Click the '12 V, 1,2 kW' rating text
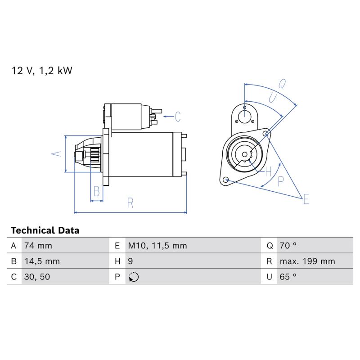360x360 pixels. tap(41, 71)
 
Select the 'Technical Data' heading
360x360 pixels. tap(45, 230)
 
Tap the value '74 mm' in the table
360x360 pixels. tap(38, 246)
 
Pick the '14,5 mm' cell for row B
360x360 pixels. tap(42, 261)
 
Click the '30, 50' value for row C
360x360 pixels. tap(37, 277)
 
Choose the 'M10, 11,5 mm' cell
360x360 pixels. tap(157, 246)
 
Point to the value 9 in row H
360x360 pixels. tap(130, 261)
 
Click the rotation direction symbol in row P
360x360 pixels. tap(134, 277)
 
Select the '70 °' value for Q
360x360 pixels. tap(288, 246)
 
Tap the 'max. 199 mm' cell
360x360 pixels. tap(307, 261)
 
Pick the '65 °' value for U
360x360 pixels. tap(288, 277)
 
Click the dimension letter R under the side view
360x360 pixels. tap(130, 203)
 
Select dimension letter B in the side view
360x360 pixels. tap(97, 191)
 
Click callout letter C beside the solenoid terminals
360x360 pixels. tap(177, 117)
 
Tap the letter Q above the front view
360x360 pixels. tap(282, 84)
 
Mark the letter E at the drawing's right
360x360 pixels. tap(306, 199)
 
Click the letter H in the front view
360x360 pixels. tap(268, 171)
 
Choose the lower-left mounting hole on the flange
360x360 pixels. tap(226, 179)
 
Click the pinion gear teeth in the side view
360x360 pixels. tap(94, 155)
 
